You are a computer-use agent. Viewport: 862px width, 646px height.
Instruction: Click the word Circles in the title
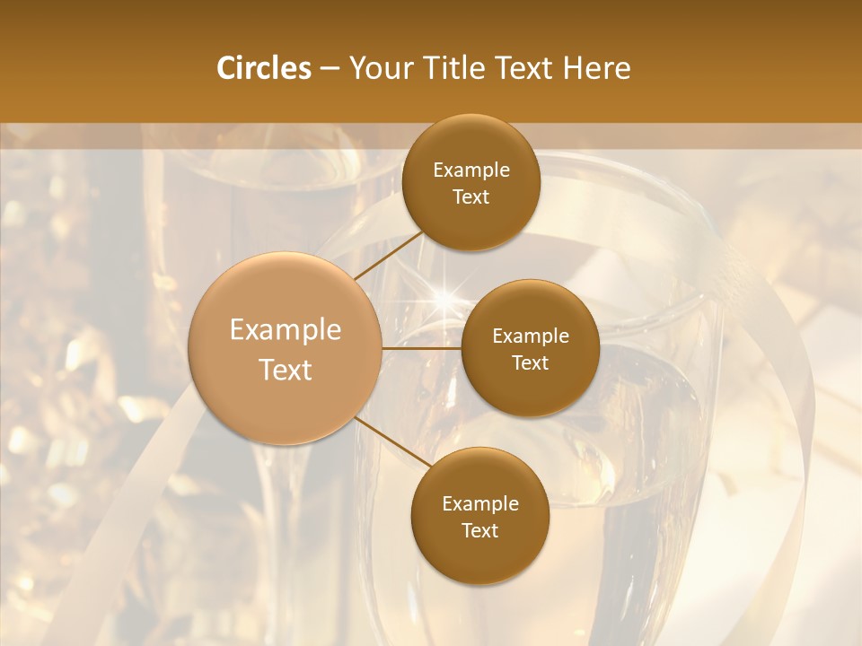point(263,68)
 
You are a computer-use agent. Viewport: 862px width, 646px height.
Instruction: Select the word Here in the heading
point(597,68)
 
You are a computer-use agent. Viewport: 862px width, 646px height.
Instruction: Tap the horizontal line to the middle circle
point(422,347)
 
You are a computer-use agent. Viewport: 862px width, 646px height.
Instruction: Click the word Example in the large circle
point(286,330)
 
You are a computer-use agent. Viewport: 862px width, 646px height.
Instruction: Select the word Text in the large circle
point(286,370)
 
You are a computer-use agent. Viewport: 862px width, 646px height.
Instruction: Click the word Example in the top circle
point(471,170)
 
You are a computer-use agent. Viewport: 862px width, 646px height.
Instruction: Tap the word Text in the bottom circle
point(479,530)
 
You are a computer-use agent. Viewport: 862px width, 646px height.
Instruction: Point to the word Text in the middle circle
point(530,362)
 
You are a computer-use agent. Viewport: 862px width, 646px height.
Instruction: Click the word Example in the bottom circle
point(479,504)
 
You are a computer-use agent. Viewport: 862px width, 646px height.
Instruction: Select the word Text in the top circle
point(471,196)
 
